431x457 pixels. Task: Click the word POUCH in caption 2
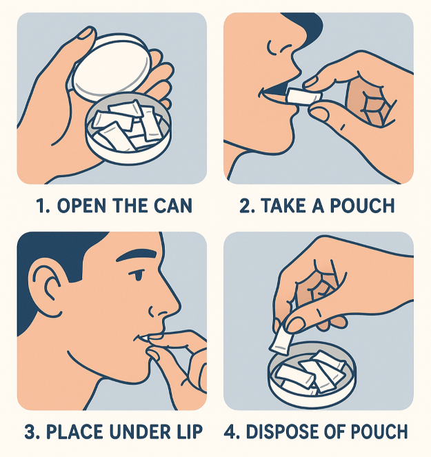click(370, 206)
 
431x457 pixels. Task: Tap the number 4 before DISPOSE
click(230, 432)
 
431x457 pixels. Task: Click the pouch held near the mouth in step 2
click(301, 97)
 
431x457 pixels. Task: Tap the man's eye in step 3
click(140, 276)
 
